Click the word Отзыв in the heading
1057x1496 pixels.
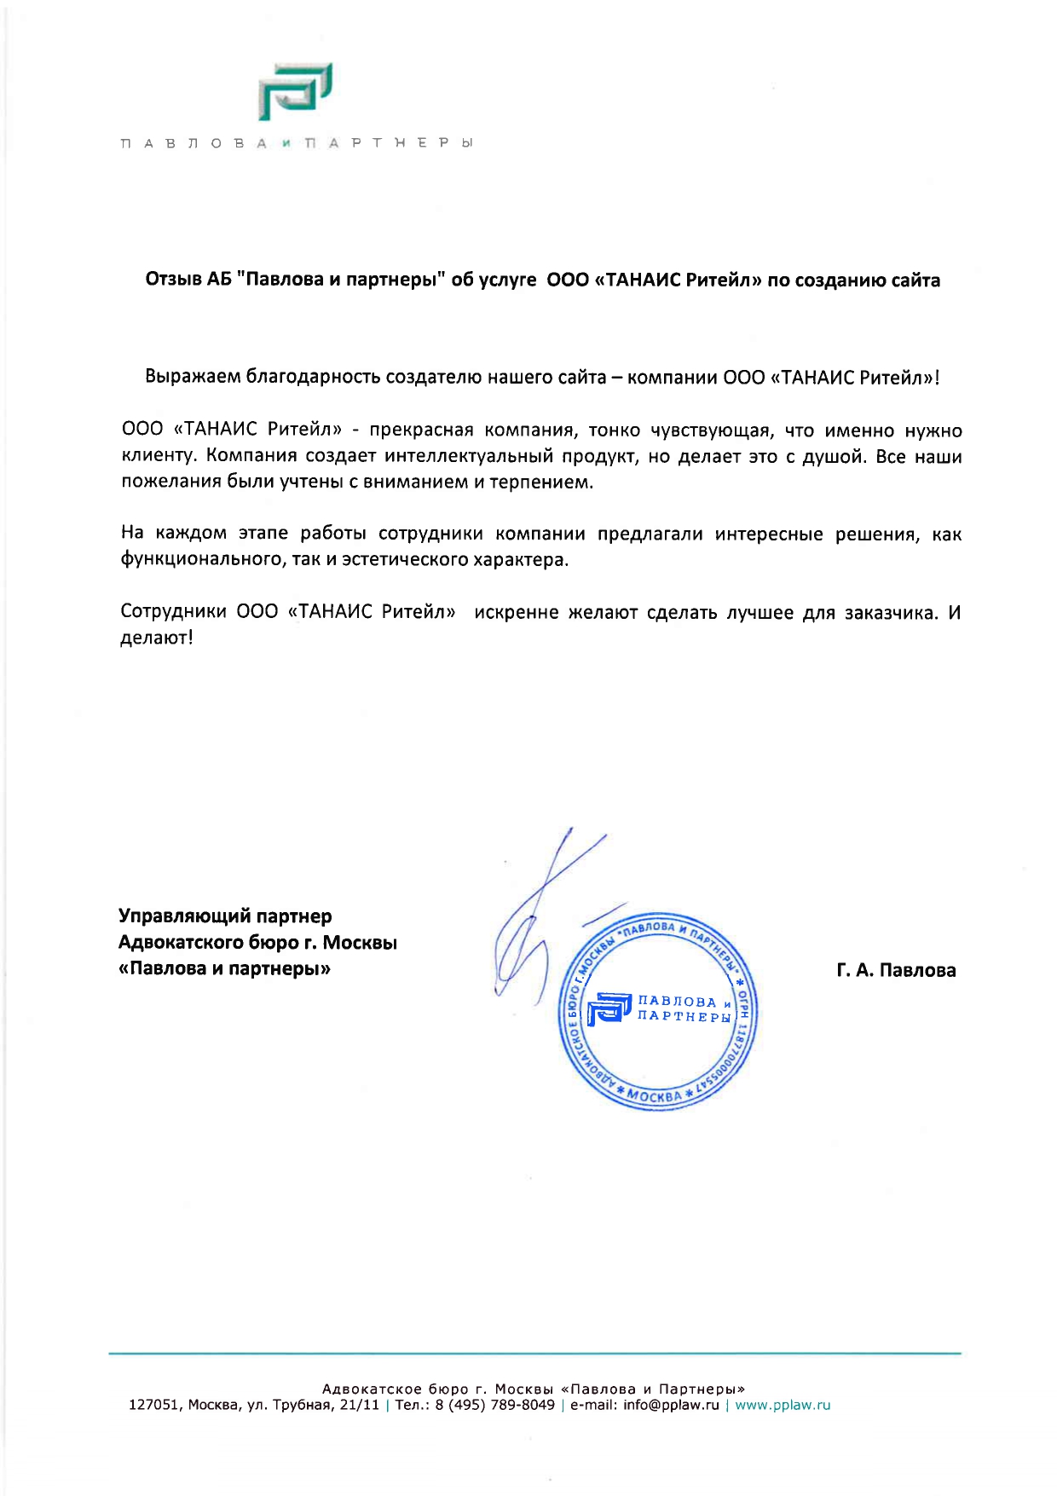point(174,280)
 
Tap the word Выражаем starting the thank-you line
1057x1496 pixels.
point(193,377)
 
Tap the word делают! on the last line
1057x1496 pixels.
point(157,638)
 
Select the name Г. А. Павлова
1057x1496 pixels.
point(896,970)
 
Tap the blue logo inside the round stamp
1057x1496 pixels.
point(609,1008)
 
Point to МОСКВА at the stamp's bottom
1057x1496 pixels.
point(655,1095)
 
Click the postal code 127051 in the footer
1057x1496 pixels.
point(154,1405)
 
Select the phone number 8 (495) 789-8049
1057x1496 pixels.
point(494,1405)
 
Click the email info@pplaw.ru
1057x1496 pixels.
point(671,1405)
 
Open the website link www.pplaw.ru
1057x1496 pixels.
point(783,1405)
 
